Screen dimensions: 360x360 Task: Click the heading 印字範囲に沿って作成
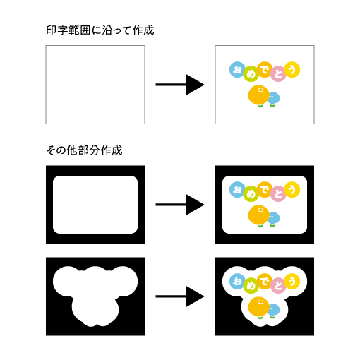coord(100,30)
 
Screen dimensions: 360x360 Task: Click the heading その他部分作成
coord(84,150)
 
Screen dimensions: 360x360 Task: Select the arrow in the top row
coord(180,85)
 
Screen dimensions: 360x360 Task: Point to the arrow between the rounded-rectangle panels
coord(180,205)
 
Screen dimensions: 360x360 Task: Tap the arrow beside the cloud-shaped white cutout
coord(180,296)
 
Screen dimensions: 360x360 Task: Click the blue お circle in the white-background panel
coord(237,70)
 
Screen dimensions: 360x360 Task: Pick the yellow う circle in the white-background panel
coord(292,70)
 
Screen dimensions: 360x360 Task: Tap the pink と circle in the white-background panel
coord(278,74)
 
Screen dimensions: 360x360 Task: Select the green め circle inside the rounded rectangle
coord(251,194)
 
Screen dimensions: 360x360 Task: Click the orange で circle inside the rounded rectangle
coord(265,189)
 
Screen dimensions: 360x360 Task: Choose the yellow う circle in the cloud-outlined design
coord(292,282)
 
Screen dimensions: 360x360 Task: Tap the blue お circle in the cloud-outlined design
coord(237,282)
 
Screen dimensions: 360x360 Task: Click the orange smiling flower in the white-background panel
coord(258,96)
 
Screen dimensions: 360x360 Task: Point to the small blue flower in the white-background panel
coord(273,99)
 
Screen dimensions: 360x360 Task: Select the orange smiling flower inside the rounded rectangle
coord(258,216)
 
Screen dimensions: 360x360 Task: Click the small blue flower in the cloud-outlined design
coord(273,311)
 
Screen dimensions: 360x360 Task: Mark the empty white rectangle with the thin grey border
coord(95,85)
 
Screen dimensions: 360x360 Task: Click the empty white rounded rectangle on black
coord(95,205)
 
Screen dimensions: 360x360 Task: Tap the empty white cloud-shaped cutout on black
coord(95,294)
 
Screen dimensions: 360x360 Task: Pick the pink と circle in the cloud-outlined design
coord(278,286)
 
